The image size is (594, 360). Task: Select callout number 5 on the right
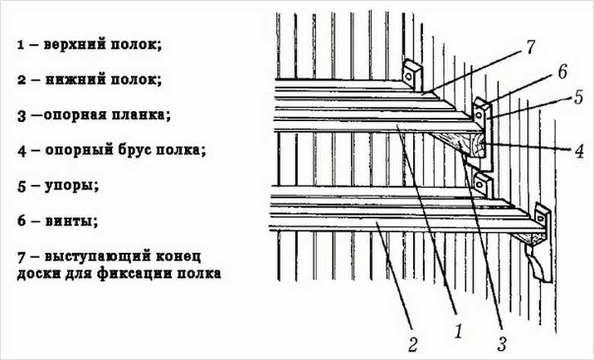[579, 98]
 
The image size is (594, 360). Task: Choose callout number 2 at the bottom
[412, 344]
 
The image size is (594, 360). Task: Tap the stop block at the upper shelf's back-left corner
[411, 74]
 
